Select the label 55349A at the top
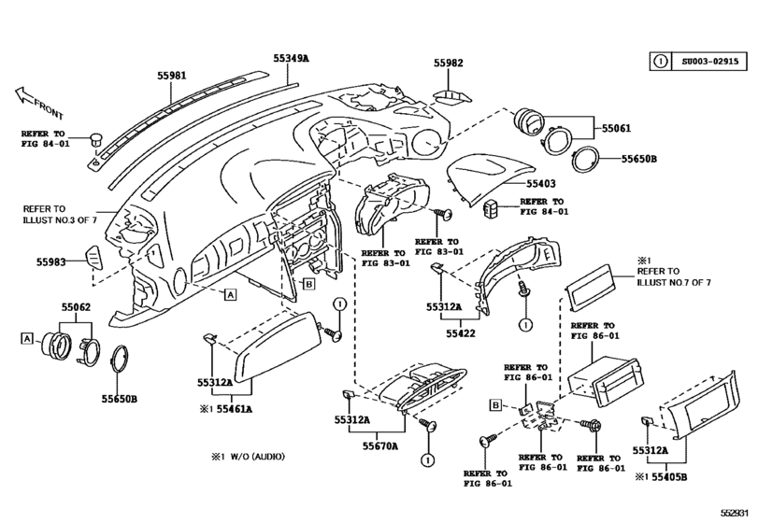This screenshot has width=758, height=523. [x=292, y=58]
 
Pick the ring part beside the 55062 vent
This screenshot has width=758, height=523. [x=119, y=360]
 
